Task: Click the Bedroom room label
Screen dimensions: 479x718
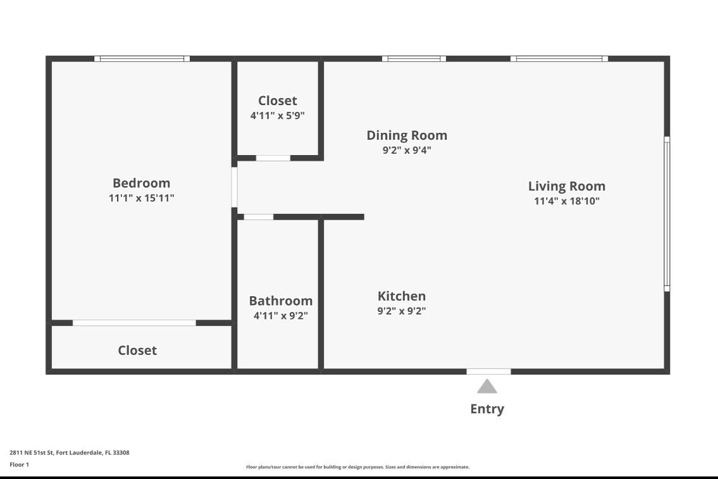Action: [x=141, y=183]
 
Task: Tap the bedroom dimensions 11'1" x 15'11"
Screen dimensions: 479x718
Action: [x=141, y=198]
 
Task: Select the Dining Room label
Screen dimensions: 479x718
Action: [x=407, y=135]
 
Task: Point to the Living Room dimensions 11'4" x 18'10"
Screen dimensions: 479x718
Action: [x=566, y=201]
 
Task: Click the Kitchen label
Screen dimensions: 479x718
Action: [x=401, y=295]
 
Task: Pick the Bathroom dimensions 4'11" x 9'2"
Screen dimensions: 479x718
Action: [x=280, y=316]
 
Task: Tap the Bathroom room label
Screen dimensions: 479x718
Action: [x=280, y=301]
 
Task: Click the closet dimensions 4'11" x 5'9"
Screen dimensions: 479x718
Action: [x=277, y=116]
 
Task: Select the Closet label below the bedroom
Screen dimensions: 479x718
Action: [x=137, y=350]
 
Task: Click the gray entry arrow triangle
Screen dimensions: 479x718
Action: [x=486, y=387]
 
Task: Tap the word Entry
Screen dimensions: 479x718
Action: [x=486, y=409]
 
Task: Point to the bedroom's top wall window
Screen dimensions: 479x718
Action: [x=142, y=59]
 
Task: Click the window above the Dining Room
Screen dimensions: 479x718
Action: [x=414, y=59]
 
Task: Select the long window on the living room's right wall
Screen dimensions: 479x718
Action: [x=667, y=214]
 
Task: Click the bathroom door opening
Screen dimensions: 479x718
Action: [x=258, y=217]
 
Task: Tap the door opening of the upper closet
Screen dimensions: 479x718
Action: [x=273, y=158]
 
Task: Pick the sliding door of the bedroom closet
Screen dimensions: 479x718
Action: [x=134, y=323]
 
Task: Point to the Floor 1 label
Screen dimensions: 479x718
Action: [x=19, y=464]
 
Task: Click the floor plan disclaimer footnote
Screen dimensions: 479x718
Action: [x=357, y=467]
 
